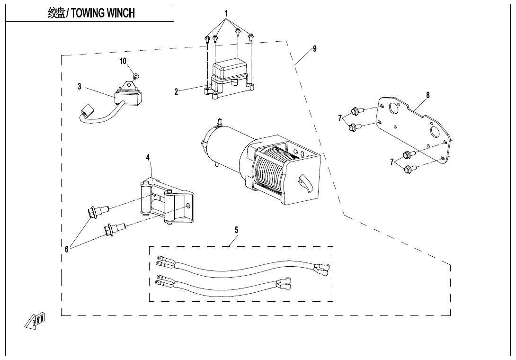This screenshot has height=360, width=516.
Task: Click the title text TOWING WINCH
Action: [x=91, y=13]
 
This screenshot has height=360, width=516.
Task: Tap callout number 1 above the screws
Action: [x=226, y=13]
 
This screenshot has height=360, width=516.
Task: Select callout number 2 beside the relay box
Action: [x=176, y=92]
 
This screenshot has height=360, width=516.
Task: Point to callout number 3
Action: [x=80, y=87]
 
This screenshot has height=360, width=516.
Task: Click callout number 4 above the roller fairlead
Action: [x=148, y=157]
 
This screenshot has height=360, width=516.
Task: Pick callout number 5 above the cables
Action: [x=236, y=230]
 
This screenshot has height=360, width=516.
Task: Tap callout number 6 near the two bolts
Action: [x=67, y=249]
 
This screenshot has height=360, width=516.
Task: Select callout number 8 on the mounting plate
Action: [x=428, y=95]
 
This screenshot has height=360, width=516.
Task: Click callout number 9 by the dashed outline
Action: [x=315, y=49]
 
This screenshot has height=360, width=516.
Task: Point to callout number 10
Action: [x=123, y=61]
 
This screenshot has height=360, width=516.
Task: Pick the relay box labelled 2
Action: [x=231, y=79]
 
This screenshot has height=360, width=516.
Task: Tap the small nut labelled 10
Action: [x=136, y=76]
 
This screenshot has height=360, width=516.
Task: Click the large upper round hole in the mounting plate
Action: [x=392, y=108]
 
